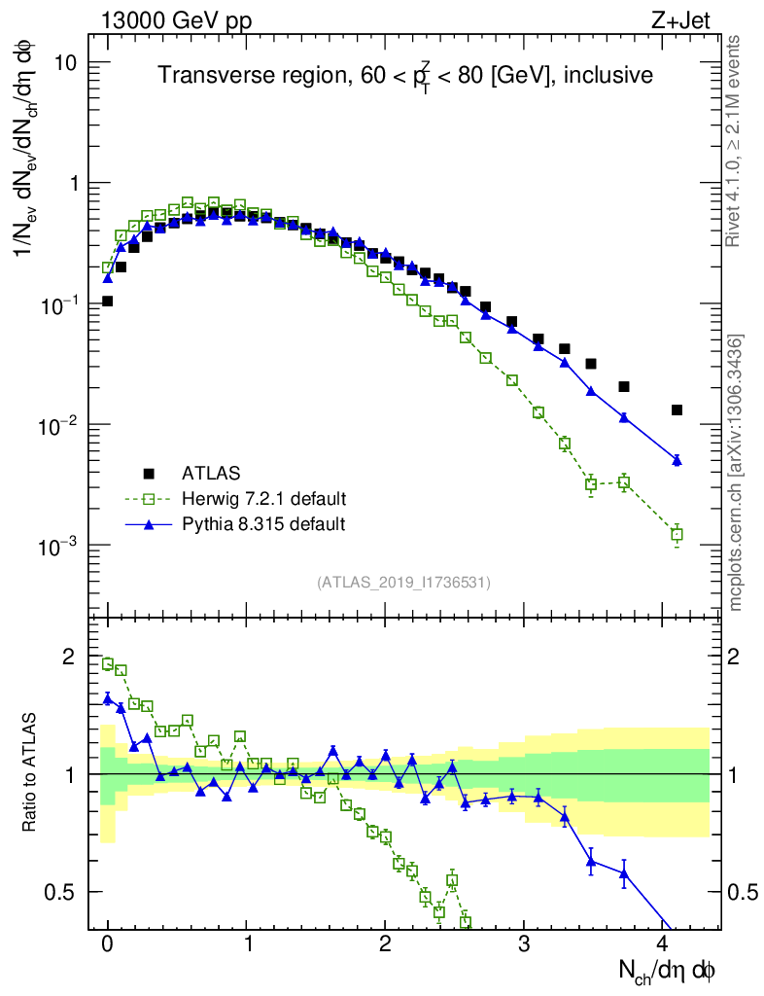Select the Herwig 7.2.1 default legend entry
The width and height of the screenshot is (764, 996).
pyautogui.click(x=263, y=499)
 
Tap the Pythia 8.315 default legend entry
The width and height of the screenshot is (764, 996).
pyautogui.click(x=262, y=524)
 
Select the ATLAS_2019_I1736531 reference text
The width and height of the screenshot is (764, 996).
pyautogui.click(x=403, y=583)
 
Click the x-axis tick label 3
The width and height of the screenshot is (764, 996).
pyautogui.click(x=524, y=943)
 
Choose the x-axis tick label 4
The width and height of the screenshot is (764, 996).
pyautogui.click(x=663, y=943)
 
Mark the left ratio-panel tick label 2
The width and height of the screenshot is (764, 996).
pyautogui.click(x=68, y=657)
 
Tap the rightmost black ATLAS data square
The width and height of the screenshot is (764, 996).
pyautogui.click(x=677, y=410)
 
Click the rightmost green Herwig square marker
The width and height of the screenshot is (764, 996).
pyautogui.click(x=677, y=534)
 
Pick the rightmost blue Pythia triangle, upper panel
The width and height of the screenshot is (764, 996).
pyautogui.click(x=677, y=460)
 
